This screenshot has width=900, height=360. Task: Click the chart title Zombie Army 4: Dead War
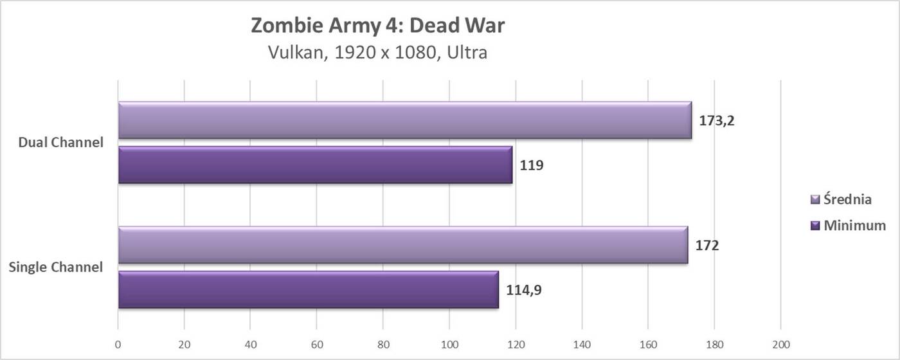[377, 27]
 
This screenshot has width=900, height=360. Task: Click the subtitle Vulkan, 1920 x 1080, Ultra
[377, 52]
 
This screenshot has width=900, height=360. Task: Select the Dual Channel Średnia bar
[404, 120]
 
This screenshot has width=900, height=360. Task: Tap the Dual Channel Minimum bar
[315, 165]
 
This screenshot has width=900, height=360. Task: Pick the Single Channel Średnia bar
[402, 245]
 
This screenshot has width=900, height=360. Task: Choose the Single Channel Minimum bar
[308, 290]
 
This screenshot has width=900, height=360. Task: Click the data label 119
[532, 165]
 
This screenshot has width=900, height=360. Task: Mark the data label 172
[707, 245]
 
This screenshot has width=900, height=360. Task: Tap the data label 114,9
[523, 290]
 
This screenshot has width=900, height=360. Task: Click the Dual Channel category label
[61, 143]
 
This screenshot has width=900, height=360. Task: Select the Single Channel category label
[56, 267]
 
